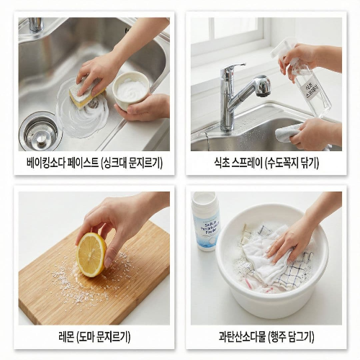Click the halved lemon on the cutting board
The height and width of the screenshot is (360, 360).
pos(91,253)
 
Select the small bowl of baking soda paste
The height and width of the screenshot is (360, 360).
pos(132,89)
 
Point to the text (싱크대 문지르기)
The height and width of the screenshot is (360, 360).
pos(132,163)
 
